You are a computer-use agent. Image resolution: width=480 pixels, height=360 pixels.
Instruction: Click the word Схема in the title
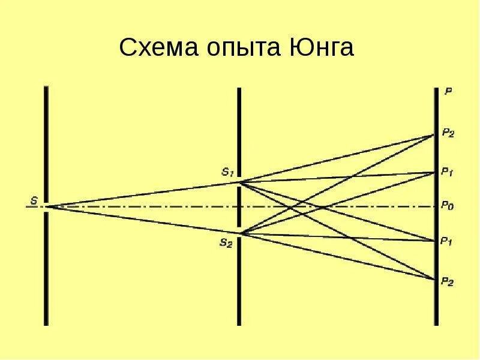tap(157, 48)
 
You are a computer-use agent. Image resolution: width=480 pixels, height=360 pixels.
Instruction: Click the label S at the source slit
tap(34, 201)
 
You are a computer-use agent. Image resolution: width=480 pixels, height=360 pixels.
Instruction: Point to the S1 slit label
tap(227, 172)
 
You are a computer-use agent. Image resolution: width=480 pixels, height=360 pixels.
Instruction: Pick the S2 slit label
tap(226, 242)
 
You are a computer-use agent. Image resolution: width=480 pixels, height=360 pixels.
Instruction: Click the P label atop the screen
tap(448, 92)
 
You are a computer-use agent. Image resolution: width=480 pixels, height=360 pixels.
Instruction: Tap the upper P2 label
tap(448, 133)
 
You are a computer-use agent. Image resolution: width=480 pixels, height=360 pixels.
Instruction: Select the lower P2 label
tap(448, 281)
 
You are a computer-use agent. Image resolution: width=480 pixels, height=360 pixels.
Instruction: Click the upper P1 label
tap(447, 172)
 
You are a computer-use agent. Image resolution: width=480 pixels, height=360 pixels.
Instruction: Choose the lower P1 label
tap(446, 242)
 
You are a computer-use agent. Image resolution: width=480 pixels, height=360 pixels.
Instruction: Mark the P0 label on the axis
tap(447, 205)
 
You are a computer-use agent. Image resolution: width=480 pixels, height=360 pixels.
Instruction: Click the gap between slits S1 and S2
tap(239, 208)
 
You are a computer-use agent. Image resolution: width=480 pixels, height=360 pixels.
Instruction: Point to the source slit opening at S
tap(46, 206)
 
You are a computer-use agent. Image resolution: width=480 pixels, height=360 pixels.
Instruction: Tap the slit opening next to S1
tap(239, 182)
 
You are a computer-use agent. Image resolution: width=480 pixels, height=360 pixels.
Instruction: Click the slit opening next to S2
tap(239, 233)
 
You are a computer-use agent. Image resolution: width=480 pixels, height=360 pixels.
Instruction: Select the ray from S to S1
tap(144, 194)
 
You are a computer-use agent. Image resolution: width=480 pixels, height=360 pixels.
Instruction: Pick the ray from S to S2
tap(144, 220)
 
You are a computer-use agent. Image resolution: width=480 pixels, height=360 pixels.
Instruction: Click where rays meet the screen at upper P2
tap(435, 134)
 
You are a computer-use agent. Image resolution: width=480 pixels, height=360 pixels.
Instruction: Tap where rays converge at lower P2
tap(435, 280)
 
